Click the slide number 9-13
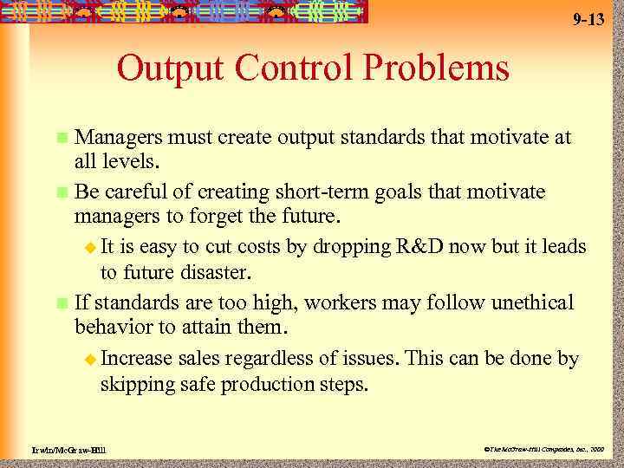click(588, 20)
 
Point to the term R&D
click(424, 247)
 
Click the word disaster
click(213, 274)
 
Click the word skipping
click(138, 384)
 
